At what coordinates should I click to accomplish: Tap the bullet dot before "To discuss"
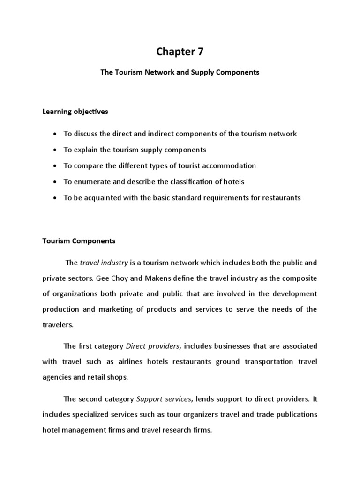pyautogui.click(x=55, y=134)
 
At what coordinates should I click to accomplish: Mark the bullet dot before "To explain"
pyautogui.click(x=55, y=150)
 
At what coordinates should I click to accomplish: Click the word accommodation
pyautogui.click(x=229, y=165)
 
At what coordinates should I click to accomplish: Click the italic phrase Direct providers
pyautogui.click(x=153, y=346)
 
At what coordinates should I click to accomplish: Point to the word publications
pyautogui.click(x=297, y=414)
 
